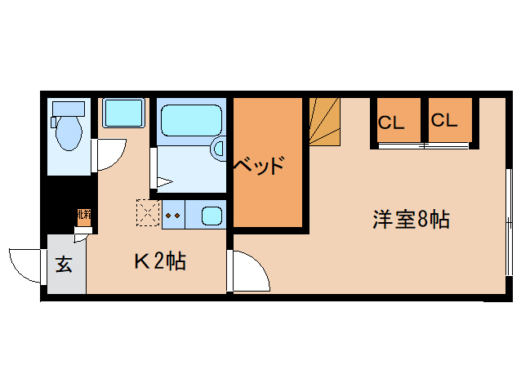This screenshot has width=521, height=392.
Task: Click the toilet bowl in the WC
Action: [69, 131]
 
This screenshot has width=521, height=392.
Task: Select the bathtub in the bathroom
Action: [191, 119]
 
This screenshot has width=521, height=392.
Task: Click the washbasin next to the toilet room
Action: [123, 112]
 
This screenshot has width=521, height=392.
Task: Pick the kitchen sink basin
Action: [212, 216]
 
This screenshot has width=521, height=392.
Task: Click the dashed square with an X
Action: [148, 212]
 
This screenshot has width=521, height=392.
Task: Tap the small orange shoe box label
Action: [82, 216]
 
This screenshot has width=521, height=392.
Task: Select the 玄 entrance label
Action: [65, 264]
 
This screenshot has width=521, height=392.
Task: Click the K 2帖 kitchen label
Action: [160, 261]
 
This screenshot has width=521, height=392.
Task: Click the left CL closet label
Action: [391, 122]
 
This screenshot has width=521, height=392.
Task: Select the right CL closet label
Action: [445, 121]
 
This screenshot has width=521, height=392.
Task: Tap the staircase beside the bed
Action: [325, 120]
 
